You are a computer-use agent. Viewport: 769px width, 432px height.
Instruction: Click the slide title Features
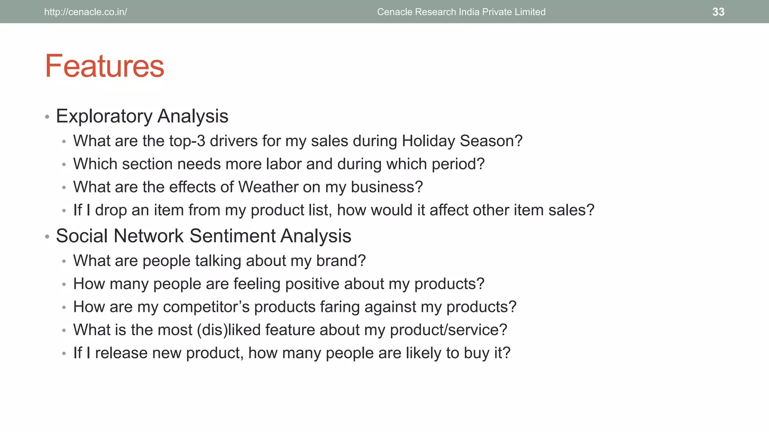[x=104, y=66]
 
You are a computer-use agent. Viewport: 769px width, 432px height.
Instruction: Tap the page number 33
[x=718, y=12]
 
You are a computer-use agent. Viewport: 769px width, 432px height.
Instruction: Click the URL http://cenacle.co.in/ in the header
[x=86, y=12]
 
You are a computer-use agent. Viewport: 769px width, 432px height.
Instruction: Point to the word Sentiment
[x=232, y=236]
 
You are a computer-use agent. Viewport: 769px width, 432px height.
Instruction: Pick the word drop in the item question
[x=111, y=210]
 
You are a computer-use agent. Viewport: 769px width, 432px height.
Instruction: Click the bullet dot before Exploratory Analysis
[x=47, y=117]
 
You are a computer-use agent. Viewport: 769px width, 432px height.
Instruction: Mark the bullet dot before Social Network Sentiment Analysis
[x=47, y=237]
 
